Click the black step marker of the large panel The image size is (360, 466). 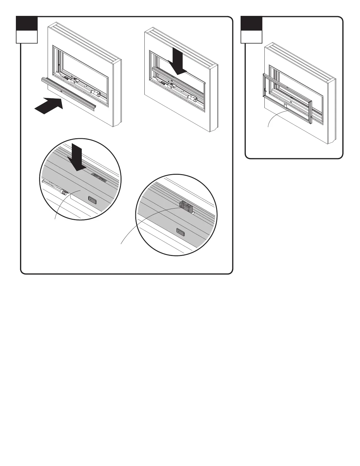coord(27,23)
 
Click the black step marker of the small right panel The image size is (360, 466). coord(251,23)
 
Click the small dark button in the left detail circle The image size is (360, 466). coord(93,200)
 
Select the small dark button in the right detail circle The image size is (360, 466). coord(180,232)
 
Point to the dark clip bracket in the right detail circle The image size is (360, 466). coord(186,206)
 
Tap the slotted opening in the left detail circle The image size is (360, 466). coord(99,177)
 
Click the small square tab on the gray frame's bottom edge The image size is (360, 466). coord(286,104)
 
